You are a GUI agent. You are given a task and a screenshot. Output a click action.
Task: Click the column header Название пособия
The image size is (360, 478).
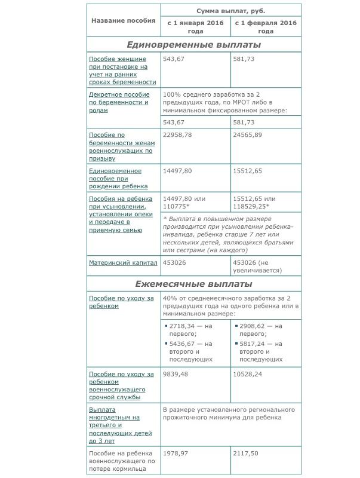pyautogui.click(x=124, y=20)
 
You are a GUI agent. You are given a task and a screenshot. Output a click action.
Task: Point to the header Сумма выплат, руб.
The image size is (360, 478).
pyautogui.click(x=230, y=11)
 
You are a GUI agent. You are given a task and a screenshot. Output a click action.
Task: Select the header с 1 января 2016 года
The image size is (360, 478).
pyautogui.click(x=195, y=27)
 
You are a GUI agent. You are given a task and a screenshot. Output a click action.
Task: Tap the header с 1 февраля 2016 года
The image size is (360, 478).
pyautogui.click(x=266, y=27)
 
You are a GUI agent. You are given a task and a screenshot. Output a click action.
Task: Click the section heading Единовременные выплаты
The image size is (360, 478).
pyautogui.click(x=193, y=44)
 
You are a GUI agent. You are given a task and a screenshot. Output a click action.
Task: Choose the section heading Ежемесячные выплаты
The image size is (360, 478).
pyautogui.click(x=193, y=284)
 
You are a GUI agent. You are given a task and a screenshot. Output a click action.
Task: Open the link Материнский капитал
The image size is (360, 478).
pyautogui.click(x=123, y=262)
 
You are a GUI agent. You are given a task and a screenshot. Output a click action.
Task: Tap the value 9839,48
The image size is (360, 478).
pyautogui.click(x=177, y=374)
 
